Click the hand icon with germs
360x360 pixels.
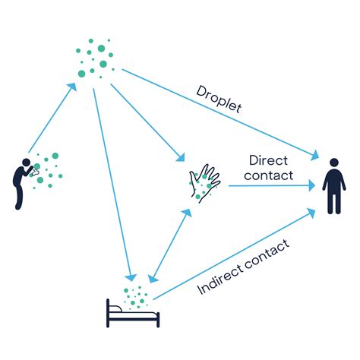[x=204, y=183]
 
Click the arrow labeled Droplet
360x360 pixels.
[x=220, y=114]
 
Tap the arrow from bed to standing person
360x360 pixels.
[x=235, y=254]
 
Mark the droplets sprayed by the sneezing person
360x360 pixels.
[x=49, y=166]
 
